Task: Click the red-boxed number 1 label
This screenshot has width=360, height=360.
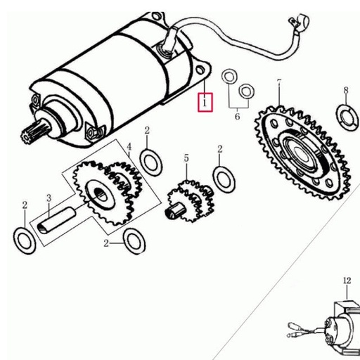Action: tap(204, 102)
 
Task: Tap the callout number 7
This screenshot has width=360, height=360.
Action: tap(279, 83)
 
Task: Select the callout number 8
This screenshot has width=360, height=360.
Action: tap(346, 90)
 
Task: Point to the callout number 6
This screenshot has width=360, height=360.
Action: tap(237, 116)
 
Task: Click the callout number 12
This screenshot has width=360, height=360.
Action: tap(346, 281)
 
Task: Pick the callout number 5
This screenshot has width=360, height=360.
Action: tap(186, 159)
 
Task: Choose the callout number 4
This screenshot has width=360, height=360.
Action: tap(129, 147)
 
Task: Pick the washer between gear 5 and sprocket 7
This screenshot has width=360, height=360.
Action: tap(224, 179)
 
